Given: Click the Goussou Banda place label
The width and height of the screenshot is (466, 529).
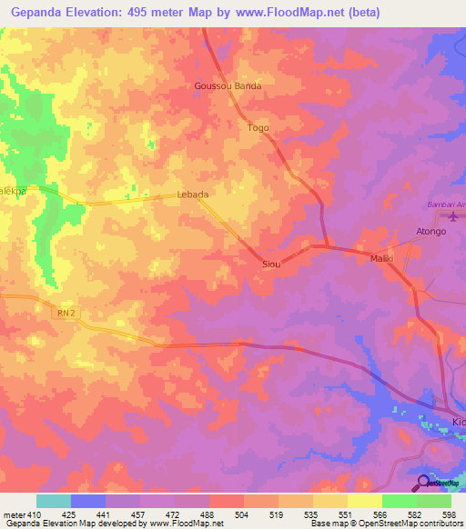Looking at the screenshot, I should tap(228, 86).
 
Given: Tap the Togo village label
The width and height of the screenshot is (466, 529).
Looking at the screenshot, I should tap(258, 128).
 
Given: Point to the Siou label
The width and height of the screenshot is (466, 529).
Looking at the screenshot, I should tap(270, 264).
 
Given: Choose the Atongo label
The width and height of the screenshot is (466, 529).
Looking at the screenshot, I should tap(431, 232).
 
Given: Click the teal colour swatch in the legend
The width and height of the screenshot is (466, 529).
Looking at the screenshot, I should tap(54, 501).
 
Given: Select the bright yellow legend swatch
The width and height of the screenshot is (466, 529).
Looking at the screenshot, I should tap(365, 501).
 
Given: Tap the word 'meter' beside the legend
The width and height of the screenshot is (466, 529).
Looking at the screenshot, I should tap(13, 514).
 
